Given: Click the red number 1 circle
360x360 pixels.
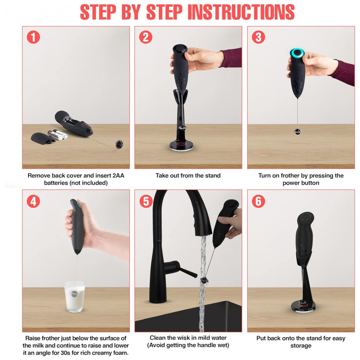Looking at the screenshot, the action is (33, 37).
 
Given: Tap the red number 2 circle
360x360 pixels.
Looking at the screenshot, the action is (145, 37).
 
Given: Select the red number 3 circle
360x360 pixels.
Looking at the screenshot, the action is (258, 37).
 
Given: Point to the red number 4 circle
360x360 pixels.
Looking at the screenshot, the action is (33, 201).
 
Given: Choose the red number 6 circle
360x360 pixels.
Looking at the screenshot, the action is (258, 201).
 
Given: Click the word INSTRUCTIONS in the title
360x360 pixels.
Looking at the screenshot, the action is (241, 12).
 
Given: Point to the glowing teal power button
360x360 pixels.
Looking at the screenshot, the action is (297, 53).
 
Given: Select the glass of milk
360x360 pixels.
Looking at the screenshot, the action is (75, 297).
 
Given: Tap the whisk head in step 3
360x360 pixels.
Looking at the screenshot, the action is (298, 131).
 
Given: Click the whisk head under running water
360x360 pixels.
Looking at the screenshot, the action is (204, 280).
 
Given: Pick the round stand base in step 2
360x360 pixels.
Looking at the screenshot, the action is (181, 145).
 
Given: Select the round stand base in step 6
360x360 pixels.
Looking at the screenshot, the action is (303, 306).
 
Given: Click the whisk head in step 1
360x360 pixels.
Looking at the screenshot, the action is (120, 144).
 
